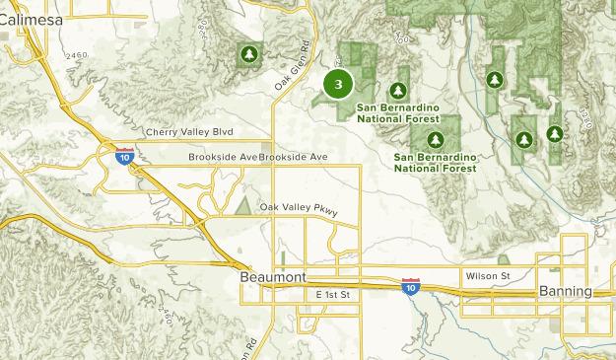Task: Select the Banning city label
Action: (566, 292)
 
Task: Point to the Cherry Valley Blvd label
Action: (188, 132)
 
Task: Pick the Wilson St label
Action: (489, 276)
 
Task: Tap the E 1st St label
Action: (334, 295)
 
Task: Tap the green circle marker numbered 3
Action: (338, 85)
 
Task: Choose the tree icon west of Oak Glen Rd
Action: (248, 53)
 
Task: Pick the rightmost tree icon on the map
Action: (555, 133)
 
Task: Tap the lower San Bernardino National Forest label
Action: (434, 162)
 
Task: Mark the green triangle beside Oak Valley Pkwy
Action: (242, 206)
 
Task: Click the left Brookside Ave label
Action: (223, 157)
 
